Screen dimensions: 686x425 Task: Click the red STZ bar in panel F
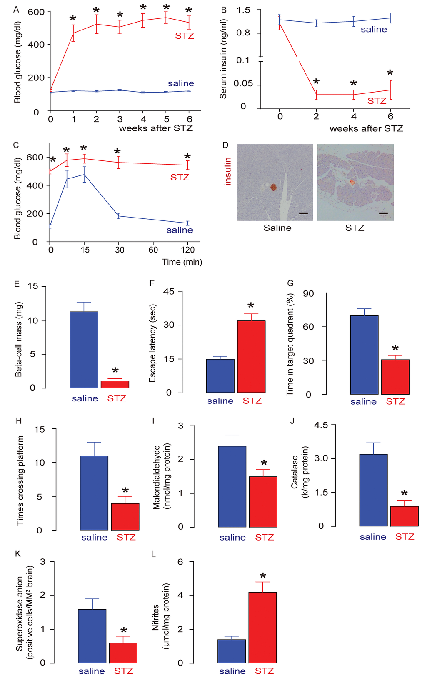(251, 357)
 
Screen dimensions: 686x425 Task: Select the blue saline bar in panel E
(84, 350)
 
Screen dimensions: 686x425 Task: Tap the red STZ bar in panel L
(262, 627)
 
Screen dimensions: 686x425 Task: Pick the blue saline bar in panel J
(373, 490)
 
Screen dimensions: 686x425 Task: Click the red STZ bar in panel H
(125, 517)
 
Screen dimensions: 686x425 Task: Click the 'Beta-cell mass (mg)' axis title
(19, 340)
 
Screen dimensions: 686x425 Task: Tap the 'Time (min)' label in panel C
(182, 262)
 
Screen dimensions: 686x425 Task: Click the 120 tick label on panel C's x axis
(188, 250)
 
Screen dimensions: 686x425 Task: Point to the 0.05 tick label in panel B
(243, 83)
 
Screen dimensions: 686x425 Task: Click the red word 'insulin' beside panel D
(227, 171)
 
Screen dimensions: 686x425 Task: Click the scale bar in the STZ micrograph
(384, 213)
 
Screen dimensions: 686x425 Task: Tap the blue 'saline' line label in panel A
(181, 83)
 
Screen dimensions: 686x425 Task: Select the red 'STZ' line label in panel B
(377, 101)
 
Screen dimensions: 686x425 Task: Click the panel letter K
(17, 553)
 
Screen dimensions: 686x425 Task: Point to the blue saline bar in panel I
(232, 486)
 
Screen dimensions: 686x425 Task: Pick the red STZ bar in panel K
(123, 653)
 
